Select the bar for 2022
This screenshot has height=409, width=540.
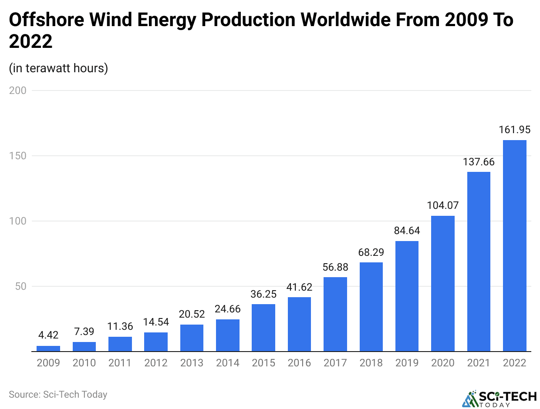tap(514, 246)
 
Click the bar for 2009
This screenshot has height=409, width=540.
tap(48, 349)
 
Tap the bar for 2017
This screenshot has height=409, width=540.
tap(335, 314)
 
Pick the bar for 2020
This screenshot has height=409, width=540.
tap(443, 284)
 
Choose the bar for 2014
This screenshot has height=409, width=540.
tap(228, 335)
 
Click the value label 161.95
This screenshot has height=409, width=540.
tap(514, 130)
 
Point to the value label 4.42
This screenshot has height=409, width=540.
tap(48, 335)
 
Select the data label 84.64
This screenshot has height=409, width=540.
tap(407, 231)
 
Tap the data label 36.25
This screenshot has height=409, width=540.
tap(263, 294)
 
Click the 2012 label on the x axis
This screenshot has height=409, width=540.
tap(156, 363)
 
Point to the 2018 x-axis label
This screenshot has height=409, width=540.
tap(371, 363)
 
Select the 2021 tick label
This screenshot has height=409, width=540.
tap(479, 363)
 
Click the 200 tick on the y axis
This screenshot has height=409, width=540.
tap(17, 91)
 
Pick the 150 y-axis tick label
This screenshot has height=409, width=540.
tap(17, 156)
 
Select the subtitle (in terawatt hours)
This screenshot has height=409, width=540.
tap(58, 68)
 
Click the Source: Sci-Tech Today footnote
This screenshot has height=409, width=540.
tap(58, 395)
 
